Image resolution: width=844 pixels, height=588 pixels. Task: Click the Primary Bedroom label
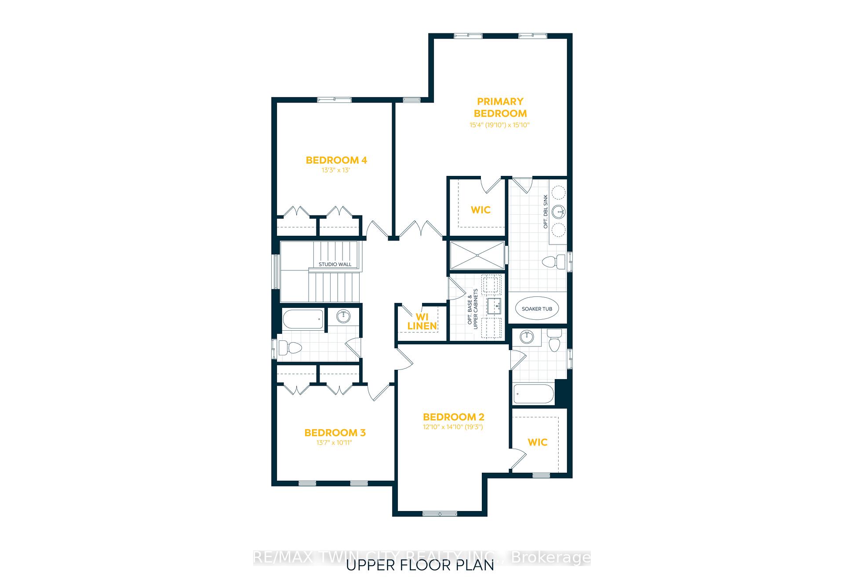pyautogui.click(x=500, y=107)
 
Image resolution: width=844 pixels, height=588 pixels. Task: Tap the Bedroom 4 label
pyautogui.click(x=336, y=160)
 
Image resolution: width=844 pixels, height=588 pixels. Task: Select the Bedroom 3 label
pyautogui.click(x=335, y=433)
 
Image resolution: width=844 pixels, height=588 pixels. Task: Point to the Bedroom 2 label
pyautogui.click(x=454, y=417)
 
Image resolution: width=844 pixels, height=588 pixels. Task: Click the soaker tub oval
pyautogui.click(x=537, y=309)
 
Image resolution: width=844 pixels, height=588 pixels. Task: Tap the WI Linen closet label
pyautogui.click(x=422, y=321)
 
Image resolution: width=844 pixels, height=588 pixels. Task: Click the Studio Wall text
pyautogui.click(x=335, y=264)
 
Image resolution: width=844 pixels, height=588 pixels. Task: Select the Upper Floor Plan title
pyautogui.click(x=420, y=565)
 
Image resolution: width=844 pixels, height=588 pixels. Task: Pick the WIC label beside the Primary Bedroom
pyautogui.click(x=480, y=210)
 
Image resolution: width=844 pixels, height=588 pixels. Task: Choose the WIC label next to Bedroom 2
pyautogui.click(x=538, y=442)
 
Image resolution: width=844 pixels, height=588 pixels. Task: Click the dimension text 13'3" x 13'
pyautogui.click(x=336, y=170)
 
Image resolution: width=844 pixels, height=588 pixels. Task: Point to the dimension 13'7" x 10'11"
pyautogui.click(x=335, y=443)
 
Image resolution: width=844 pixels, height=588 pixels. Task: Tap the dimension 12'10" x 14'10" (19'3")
pyautogui.click(x=453, y=427)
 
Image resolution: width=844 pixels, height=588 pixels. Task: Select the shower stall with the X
pyautogui.click(x=477, y=255)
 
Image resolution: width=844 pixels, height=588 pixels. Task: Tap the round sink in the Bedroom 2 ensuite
pyautogui.click(x=527, y=338)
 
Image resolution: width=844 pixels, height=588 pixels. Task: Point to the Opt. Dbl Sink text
pyautogui.click(x=546, y=212)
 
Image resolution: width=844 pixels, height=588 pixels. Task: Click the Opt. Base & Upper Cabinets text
pyautogui.click(x=472, y=307)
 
